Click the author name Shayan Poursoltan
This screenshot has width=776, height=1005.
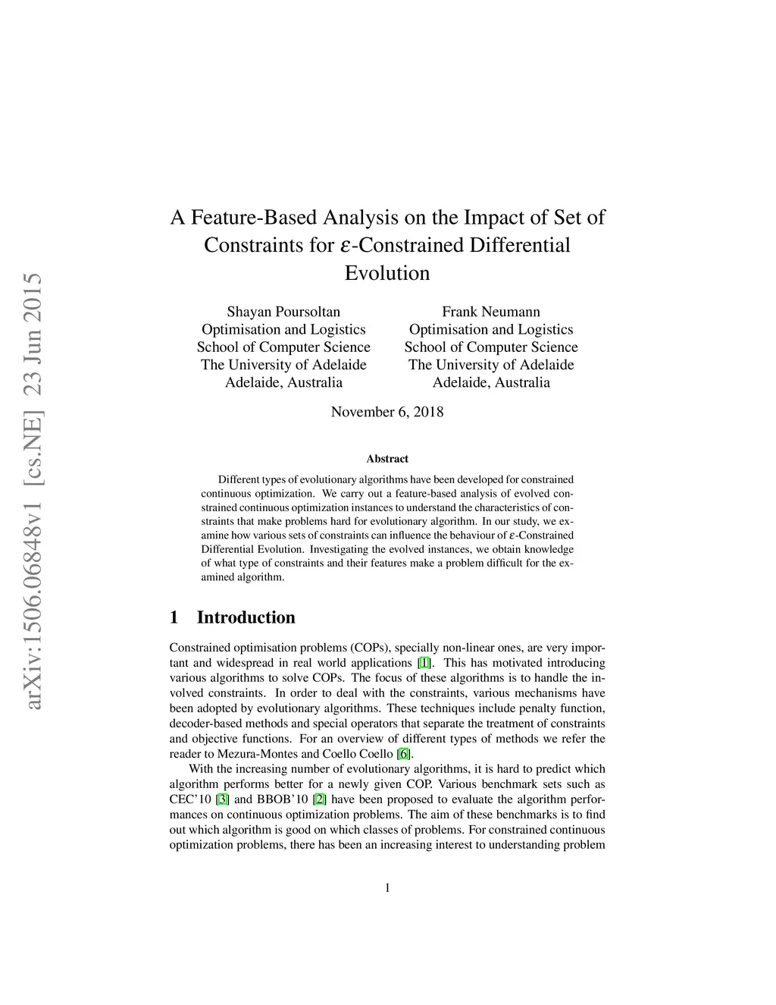pos(283,312)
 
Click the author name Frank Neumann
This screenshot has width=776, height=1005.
pos(491,312)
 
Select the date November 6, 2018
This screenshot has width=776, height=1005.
pos(387,412)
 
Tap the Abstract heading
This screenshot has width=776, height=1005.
pos(387,459)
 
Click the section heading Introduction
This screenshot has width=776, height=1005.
pos(246,617)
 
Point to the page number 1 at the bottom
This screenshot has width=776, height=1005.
pos(388,888)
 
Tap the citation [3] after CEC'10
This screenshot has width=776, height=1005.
pos(223,799)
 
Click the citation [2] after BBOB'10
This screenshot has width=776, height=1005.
pos(319,799)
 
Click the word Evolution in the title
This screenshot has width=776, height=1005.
pos(387,273)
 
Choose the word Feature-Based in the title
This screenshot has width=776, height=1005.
pos(255,218)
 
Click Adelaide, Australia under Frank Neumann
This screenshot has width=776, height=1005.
pos(491,382)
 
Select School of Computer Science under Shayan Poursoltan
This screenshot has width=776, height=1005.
pos(283,347)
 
